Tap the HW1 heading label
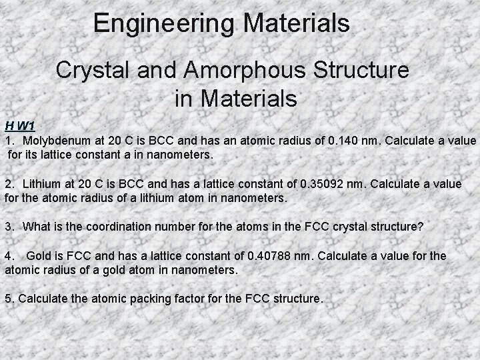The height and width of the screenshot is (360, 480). [x=19, y=125]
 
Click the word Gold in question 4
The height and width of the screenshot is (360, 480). [x=39, y=257]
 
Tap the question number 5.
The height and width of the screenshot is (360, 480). [x=8, y=299]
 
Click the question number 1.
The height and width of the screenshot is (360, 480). [x=8, y=141]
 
